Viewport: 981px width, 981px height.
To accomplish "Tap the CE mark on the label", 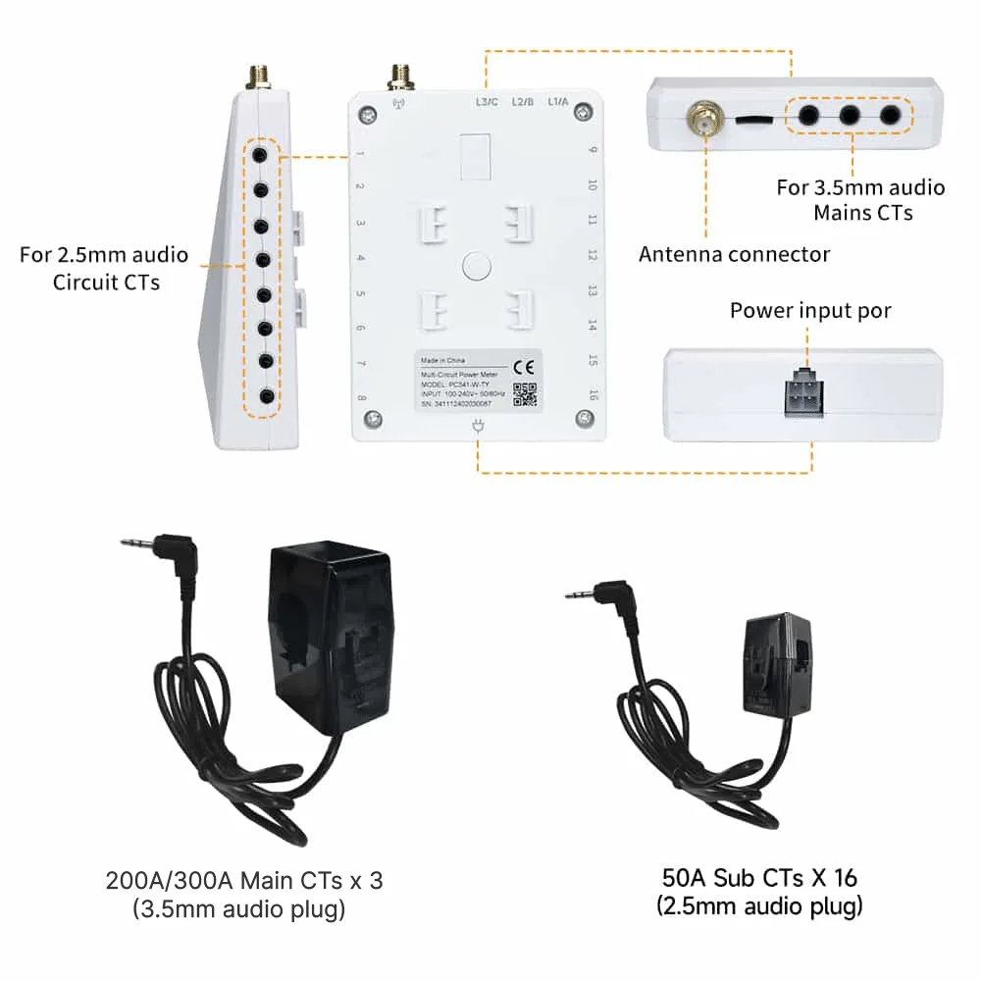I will tap(525, 367).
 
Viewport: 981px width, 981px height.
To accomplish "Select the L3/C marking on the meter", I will tap(487, 101).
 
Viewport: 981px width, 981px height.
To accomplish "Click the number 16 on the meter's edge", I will tap(593, 394).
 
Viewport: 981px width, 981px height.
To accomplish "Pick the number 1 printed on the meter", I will tap(361, 153).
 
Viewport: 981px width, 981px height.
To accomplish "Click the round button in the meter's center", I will tap(476, 265).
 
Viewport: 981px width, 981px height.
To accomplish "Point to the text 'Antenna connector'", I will tap(734, 255).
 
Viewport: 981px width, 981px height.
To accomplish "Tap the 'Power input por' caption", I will tap(810, 311).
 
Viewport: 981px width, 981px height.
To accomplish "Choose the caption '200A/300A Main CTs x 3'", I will tap(243, 881).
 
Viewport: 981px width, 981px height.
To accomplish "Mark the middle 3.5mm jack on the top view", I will tap(850, 115).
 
